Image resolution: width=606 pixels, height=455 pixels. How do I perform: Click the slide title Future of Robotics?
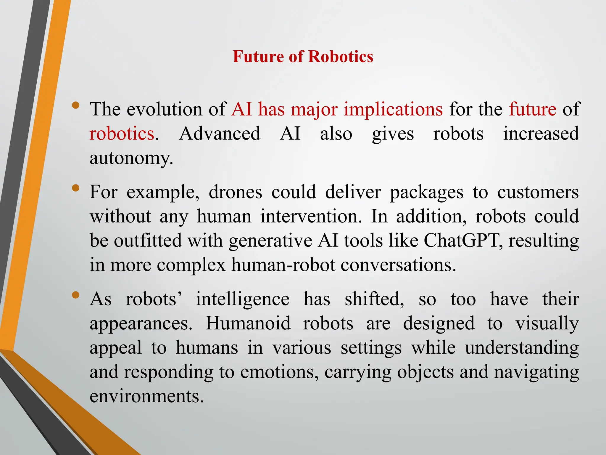[303, 56]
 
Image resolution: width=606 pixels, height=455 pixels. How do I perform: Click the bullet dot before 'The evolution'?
[76, 105]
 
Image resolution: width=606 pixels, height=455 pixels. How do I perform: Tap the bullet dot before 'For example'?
[76, 188]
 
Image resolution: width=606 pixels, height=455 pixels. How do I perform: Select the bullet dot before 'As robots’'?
[76, 295]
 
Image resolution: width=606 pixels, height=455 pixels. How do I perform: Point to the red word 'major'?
[314, 109]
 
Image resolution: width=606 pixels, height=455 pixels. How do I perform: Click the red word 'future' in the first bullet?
[533, 109]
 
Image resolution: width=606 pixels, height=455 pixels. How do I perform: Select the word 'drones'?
[235, 192]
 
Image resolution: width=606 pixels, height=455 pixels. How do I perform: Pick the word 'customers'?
[538, 192]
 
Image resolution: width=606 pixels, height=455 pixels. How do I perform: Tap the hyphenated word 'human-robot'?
[283, 265]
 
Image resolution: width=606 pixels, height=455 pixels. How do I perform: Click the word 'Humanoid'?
[248, 323]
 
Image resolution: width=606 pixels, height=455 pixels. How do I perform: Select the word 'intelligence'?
[243, 299]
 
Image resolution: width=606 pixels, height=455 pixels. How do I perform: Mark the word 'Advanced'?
[220, 133]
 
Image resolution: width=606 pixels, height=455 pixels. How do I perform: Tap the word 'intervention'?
[310, 216]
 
